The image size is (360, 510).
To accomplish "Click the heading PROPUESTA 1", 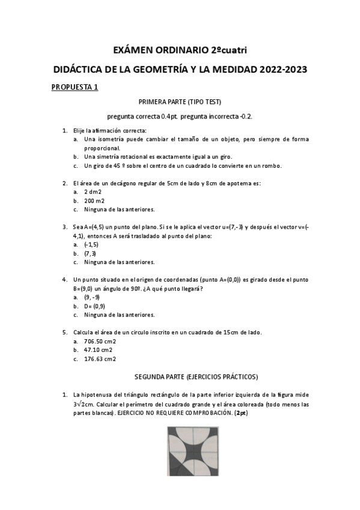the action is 75,87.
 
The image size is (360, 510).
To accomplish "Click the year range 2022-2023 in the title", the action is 284,69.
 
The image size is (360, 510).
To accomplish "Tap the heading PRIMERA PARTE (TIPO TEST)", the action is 180,102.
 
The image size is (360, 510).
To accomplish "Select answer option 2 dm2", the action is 93,191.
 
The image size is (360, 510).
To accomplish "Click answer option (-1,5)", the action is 91,245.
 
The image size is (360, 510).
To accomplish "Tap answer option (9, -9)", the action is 92,297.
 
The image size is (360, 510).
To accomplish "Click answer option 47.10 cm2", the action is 98,350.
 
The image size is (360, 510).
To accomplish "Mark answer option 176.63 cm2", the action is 99,359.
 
